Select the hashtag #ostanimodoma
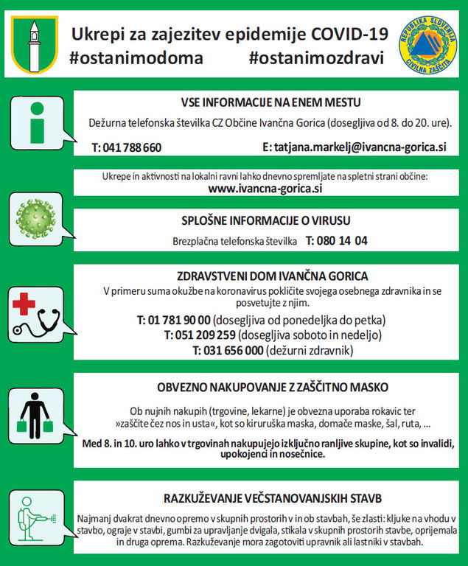point(136,57)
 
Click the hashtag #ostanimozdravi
point(316,57)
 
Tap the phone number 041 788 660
point(127,147)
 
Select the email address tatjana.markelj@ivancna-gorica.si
point(354,147)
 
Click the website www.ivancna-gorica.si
point(265,189)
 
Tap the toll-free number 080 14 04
point(336,240)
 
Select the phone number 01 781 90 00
point(173,321)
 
